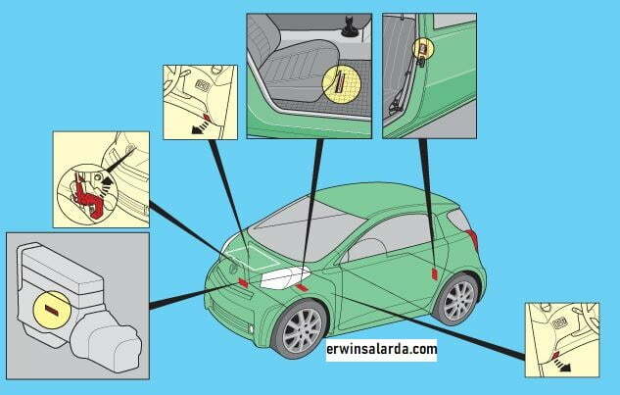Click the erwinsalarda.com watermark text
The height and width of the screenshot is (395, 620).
[382, 350]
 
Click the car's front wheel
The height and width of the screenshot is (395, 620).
[302, 329]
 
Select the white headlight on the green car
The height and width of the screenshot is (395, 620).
[285, 276]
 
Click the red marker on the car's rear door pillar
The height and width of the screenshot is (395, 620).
[434, 274]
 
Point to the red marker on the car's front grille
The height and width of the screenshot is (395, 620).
[242, 282]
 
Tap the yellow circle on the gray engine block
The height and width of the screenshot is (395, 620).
[52, 310]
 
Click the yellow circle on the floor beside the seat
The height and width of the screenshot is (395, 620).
[342, 84]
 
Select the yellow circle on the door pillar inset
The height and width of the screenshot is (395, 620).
[423, 48]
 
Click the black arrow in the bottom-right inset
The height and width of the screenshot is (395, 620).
[562, 365]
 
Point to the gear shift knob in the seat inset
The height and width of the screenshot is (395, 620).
[349, 26]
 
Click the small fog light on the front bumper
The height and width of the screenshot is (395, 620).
[252, 328]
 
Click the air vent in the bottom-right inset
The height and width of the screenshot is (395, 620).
[559, 323]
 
